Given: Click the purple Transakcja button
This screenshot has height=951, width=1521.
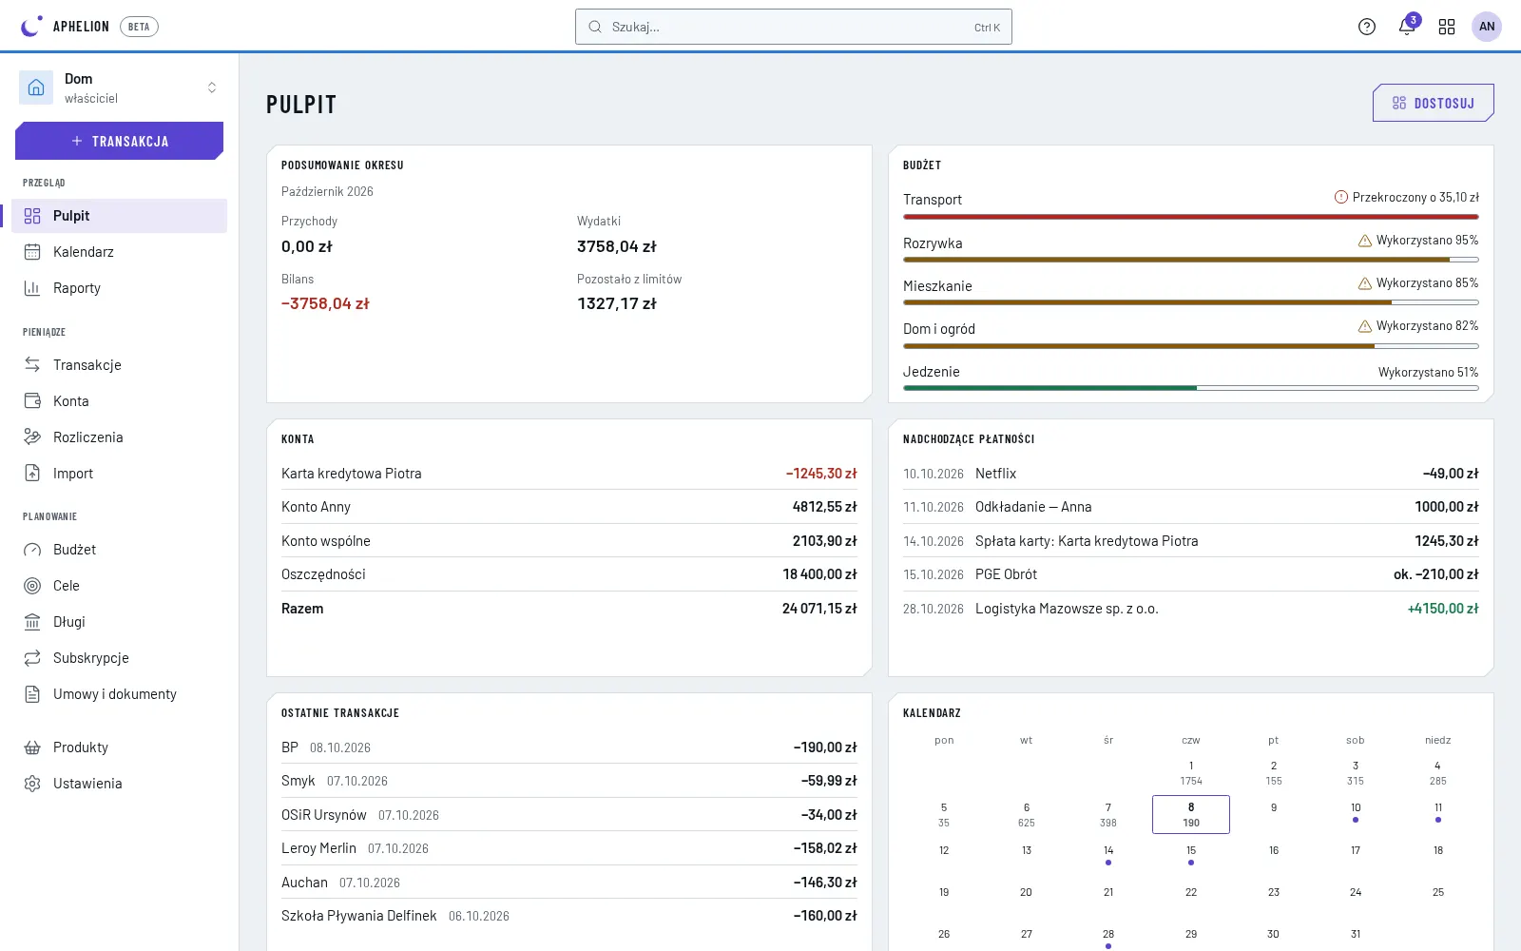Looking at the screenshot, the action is (120, 141).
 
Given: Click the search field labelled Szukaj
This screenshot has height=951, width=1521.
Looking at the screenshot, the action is (793, 27).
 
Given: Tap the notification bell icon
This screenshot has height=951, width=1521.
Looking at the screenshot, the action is (1406, 27).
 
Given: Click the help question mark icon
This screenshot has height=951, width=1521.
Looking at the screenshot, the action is (1367, 27).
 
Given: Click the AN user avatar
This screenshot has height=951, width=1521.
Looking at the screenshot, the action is (1487, 27).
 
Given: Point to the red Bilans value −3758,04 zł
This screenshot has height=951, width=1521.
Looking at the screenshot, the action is (325, 303).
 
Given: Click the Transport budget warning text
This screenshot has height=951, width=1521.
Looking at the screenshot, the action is (1415, 197).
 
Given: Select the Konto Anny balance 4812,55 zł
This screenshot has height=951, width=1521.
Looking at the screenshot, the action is (824, 507).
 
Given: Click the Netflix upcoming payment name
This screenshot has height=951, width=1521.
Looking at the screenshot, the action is (995, 474).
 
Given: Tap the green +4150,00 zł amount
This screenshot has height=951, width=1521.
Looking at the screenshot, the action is (1443, 609).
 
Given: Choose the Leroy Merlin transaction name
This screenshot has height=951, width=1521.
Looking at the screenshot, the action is (318, 848).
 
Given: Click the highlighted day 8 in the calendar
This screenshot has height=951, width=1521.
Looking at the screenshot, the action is (1191, 814).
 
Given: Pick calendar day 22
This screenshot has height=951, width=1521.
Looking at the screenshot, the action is (1191, 892).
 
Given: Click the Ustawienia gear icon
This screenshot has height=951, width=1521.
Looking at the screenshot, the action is (32, 784).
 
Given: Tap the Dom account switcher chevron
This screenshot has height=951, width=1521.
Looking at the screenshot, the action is (212, 87).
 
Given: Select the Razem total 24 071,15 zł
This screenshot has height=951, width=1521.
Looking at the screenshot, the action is (819, 609).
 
